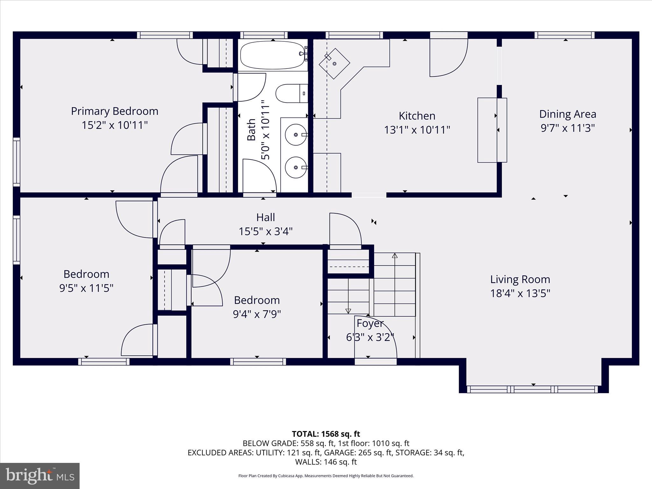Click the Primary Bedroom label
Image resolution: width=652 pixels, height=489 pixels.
[x=115, y=111]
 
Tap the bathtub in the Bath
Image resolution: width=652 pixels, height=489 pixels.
[x=272, y=55]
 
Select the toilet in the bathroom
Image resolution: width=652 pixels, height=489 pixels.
[x=291, y=93]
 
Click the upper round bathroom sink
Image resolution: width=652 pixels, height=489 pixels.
[x=296, y=135]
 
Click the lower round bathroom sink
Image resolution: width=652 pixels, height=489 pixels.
[x=296, y=167]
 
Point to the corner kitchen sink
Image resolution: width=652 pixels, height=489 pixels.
[x=334, y=63]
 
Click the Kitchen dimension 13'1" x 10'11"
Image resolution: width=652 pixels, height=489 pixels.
[x=417, y=130]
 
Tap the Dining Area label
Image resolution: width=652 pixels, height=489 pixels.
[x=568, y=114]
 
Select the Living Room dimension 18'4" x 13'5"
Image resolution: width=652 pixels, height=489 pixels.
[x=520, y=293]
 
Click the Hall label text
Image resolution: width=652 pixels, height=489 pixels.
[x=266, y=217]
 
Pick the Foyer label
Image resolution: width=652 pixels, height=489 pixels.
[x=370, y=323]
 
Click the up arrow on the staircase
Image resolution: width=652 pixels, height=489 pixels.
[x=395, y=255]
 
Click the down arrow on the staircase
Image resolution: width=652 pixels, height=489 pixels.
[x=348, y=311]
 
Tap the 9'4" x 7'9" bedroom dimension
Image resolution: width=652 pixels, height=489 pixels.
[x=257, y=315]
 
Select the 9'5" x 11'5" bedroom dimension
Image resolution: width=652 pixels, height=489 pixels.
[x=86, y=288]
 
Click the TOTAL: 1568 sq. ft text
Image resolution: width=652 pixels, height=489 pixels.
[x=326, y=434]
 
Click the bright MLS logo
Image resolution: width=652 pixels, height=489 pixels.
[x=40, y=476]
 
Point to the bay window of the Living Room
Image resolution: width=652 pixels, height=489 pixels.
[x=533, y=389]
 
